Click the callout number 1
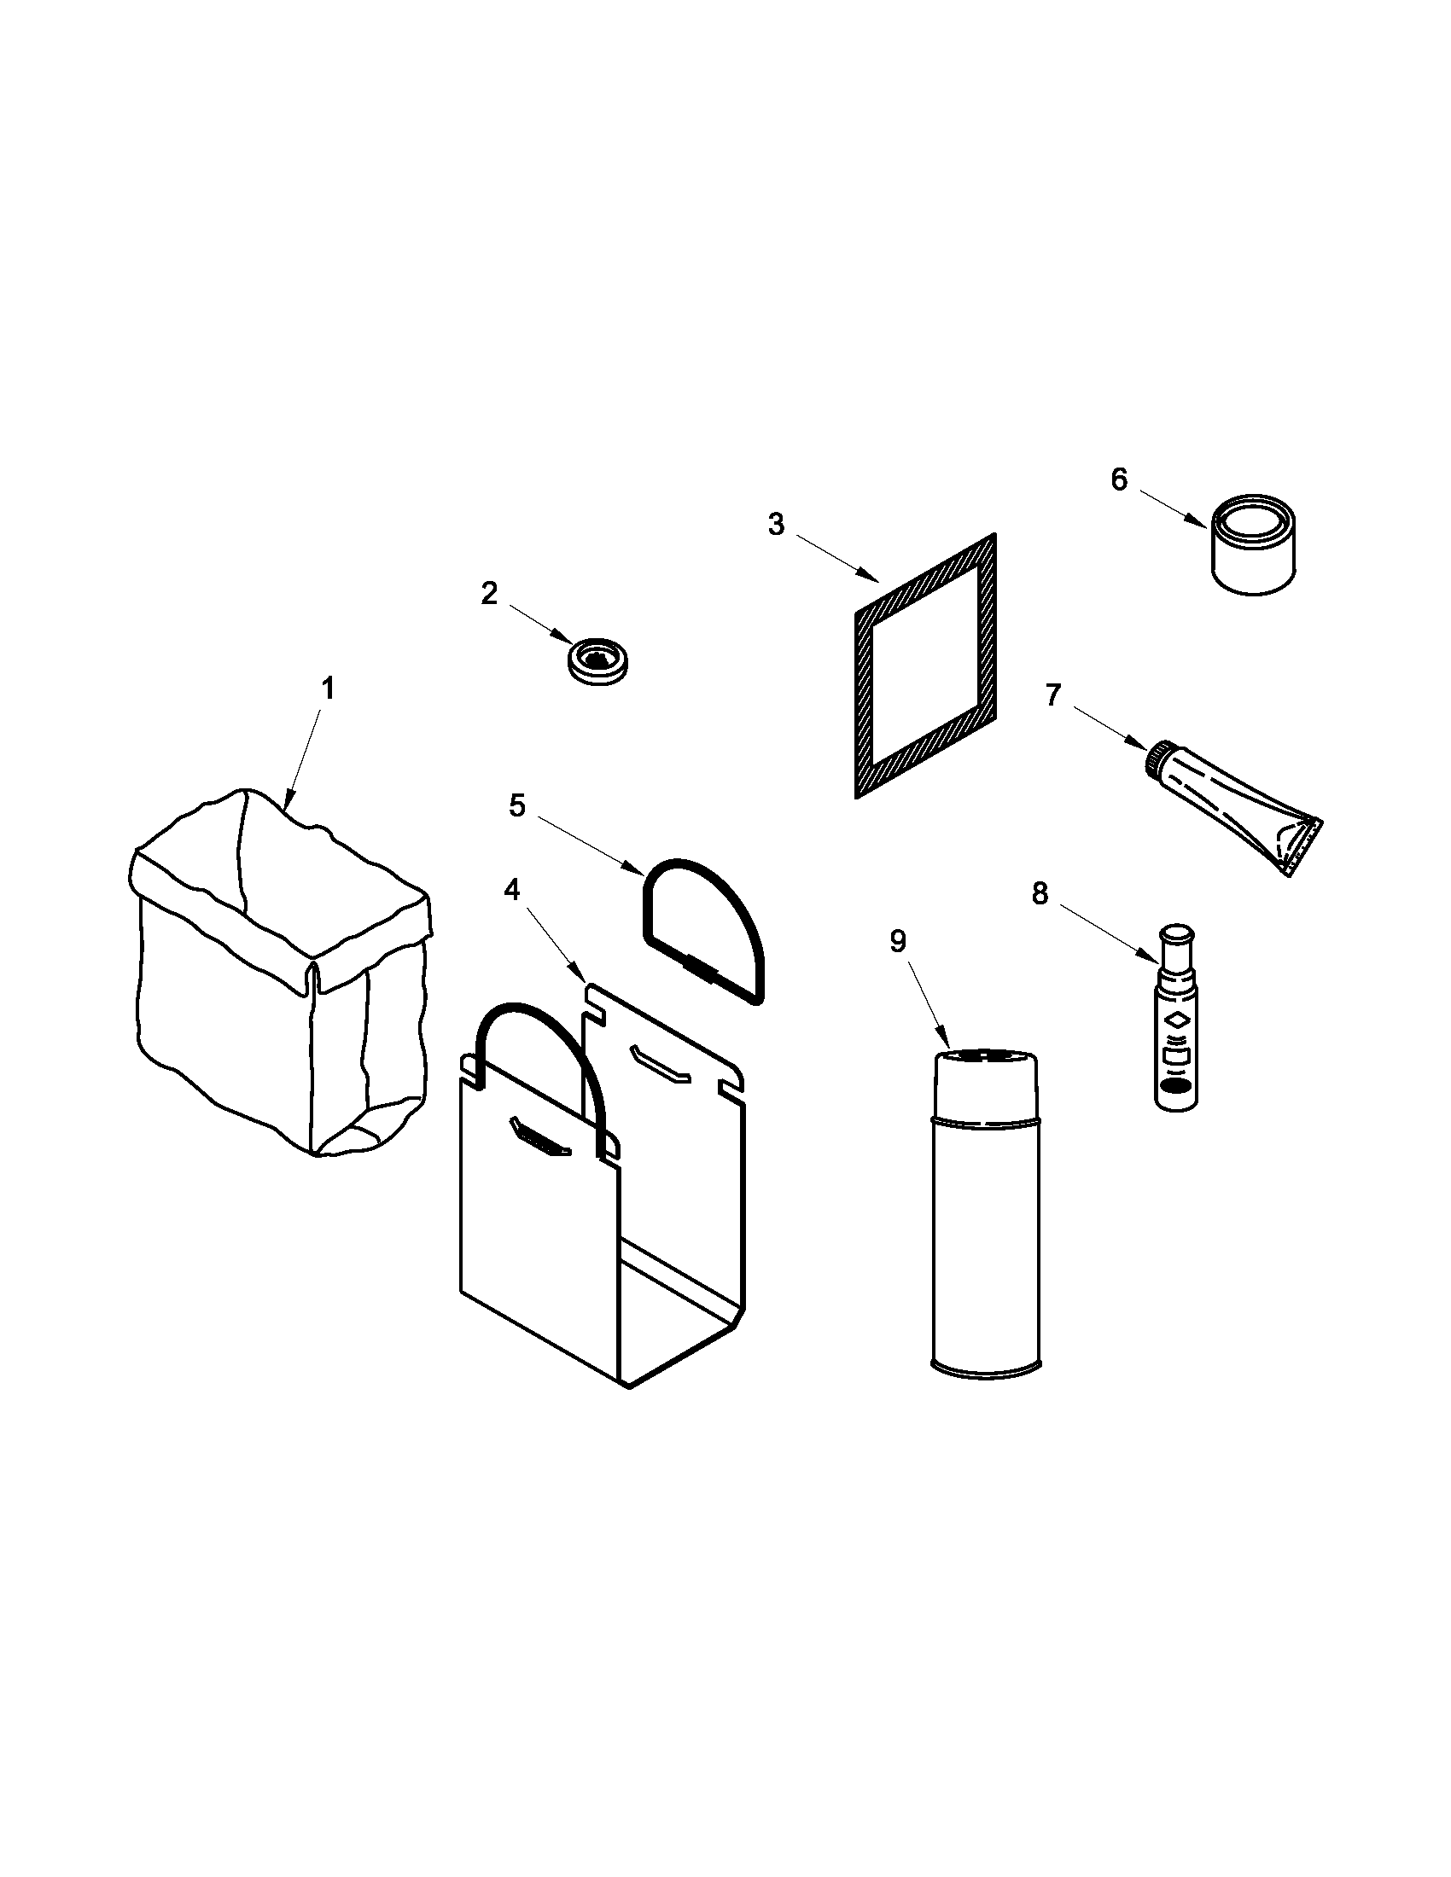[x=328, y=689]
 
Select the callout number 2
[x=489, y=593]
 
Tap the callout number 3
[x=776, y=524]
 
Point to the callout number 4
[x=512, y=891]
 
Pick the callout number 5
[x=516, y=806]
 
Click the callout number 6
[x=1118, y=479]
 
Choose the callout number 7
[x=1054, y=694]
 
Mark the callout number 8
[x=1040, y=895]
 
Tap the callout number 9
[x=897, y=942]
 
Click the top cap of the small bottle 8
[x=1176, y=933]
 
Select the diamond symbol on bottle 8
[x=1174, y=1022]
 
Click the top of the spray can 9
[x=984, y=1057]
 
